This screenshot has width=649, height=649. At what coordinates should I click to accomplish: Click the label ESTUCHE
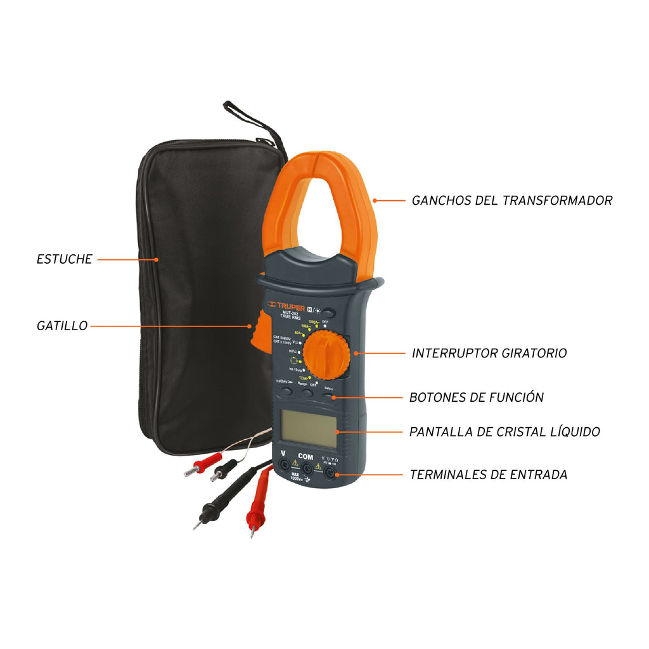[x=64, y=259]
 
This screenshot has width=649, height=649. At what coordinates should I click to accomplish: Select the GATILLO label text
[x=61, y=326]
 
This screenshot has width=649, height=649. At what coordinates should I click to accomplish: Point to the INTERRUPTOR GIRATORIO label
[x=489, y=353]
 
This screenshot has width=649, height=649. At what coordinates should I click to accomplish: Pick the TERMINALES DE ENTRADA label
[x=488, y=474]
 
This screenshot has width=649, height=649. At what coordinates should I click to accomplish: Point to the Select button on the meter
[x=328, y=395]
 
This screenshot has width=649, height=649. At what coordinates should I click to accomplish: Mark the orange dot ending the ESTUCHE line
[x=157, y=259]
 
